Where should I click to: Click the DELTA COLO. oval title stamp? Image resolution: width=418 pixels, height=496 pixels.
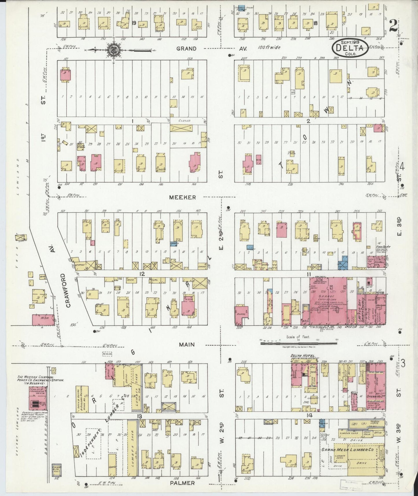[350, 47]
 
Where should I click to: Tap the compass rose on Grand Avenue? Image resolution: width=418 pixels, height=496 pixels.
[112, 49]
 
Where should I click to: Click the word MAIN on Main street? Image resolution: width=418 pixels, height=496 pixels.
[187, 345]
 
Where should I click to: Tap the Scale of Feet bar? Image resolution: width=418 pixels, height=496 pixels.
[298, 343]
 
